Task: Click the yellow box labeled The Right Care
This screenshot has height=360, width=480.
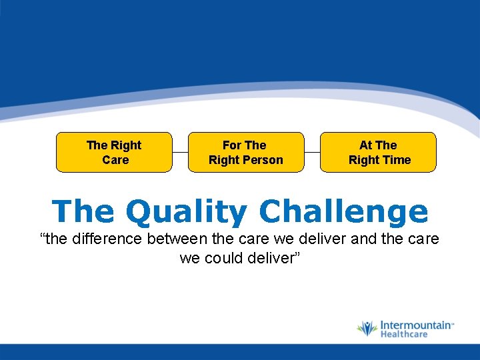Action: tap(114, 152)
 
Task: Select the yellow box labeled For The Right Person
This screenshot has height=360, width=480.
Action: tap(246, 152)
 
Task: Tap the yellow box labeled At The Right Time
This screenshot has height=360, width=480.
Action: tap(378, 152)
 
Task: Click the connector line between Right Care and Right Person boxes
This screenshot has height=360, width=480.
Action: tap(180, 152)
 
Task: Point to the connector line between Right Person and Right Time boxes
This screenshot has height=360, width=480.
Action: tap(312, 152)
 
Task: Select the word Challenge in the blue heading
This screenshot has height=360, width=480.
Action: tap(343, 212)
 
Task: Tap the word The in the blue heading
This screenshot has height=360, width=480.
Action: tap(83, 212)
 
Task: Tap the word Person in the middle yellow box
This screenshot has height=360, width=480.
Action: tap(265, 160)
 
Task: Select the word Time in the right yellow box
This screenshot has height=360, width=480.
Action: tap(397, 160)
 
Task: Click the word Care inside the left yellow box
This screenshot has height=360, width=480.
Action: tap(115, 160)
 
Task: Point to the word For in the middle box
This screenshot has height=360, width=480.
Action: tap(231, 145)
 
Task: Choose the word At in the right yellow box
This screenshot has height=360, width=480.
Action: tap(365, 145)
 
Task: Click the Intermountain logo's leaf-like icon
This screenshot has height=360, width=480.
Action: tap(367, 329)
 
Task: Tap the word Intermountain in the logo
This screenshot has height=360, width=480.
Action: tap(415, 325)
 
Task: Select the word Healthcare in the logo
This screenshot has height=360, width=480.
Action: tap(404, 334)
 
